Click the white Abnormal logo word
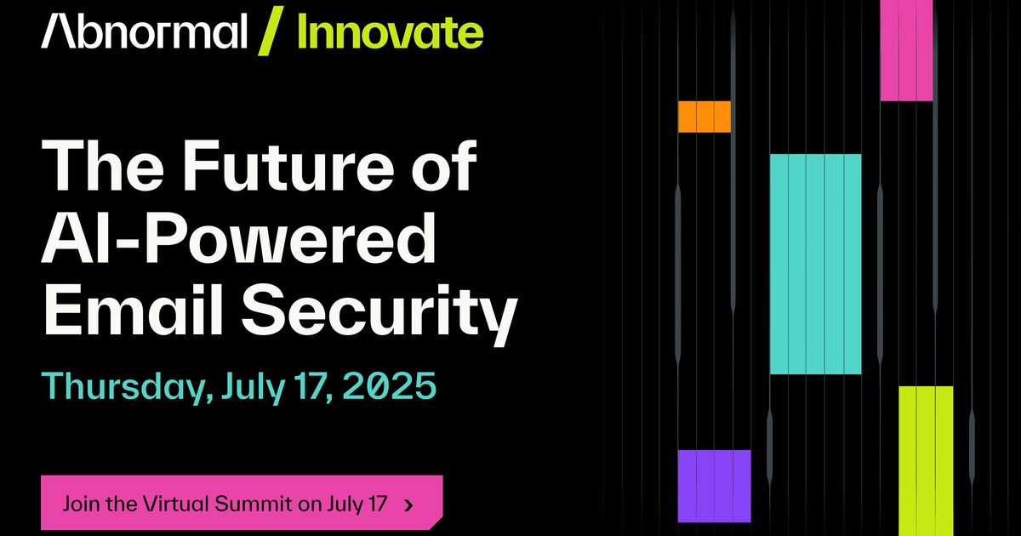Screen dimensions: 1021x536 click(x=144, y=31)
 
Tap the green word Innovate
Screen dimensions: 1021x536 click(x=391, y=33)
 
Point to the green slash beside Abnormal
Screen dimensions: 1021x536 click(x=271, y=31)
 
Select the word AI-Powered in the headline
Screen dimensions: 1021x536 click(x=238, y=238)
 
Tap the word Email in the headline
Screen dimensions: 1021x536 click(x=133, y=309)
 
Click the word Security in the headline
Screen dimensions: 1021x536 click(x=379, y=313)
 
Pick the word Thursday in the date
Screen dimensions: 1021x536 click(x=127, y=387)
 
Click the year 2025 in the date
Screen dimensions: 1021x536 click(x=390, y=385)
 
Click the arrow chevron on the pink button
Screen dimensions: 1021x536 click(x=409, y=505)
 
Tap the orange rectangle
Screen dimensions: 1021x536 click(x=704, y=117)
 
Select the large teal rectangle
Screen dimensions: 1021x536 click(x=815, y=264)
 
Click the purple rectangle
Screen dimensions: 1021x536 click(x=714, y=486)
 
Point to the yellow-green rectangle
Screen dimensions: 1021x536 click(x=926, y=461)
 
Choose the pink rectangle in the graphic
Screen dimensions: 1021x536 click(x=907, y=50)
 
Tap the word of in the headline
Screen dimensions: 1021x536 click(x=444, y=165)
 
